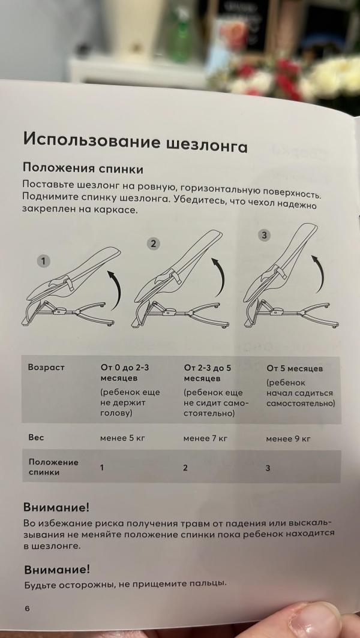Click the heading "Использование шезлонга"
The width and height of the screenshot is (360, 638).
(135, 142)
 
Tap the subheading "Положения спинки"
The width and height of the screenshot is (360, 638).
(83, 168)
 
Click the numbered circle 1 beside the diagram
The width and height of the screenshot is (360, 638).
(43, 261)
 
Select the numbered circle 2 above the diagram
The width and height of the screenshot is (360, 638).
(154, 243)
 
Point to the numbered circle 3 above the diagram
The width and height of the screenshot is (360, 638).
(263, 234)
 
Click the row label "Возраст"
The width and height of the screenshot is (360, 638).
(46, 367)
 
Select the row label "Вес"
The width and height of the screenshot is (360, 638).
(36, 437)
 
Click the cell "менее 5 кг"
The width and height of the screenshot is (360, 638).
(122, 438)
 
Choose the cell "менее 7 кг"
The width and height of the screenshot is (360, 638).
(205, 438)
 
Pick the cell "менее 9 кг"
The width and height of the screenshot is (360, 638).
(288, 439)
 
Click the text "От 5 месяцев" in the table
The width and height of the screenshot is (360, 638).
(295, 368)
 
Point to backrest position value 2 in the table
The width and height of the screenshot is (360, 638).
(185, 468)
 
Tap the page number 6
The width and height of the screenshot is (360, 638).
(27, 608)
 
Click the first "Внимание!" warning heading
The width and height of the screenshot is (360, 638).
(56, 507)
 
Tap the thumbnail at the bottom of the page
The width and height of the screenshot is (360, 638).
(312, 621)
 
